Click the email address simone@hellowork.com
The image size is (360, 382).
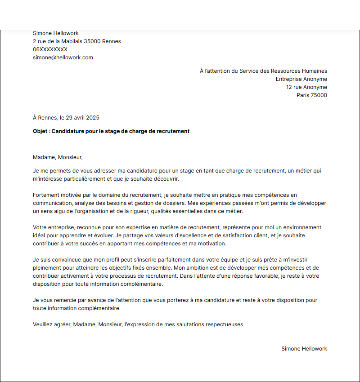click(x=63, y=58)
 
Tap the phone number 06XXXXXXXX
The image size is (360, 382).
click(x=50, y=49)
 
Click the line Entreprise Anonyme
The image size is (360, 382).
click(x=301, y=79)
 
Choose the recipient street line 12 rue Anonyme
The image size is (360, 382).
click(x=306, y=87)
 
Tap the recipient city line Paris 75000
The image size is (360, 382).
click(x=312, y=95)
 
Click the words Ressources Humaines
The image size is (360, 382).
click(x=299, y=71)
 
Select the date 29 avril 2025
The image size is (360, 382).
click(x=83, y=118)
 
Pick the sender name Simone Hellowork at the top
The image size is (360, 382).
click(x=56, y=33)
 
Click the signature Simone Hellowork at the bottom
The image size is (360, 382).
click(x=304, y=349)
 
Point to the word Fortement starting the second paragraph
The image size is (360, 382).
click(x=46, y=195)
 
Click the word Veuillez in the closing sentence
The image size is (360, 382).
click(x=44, y=324)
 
